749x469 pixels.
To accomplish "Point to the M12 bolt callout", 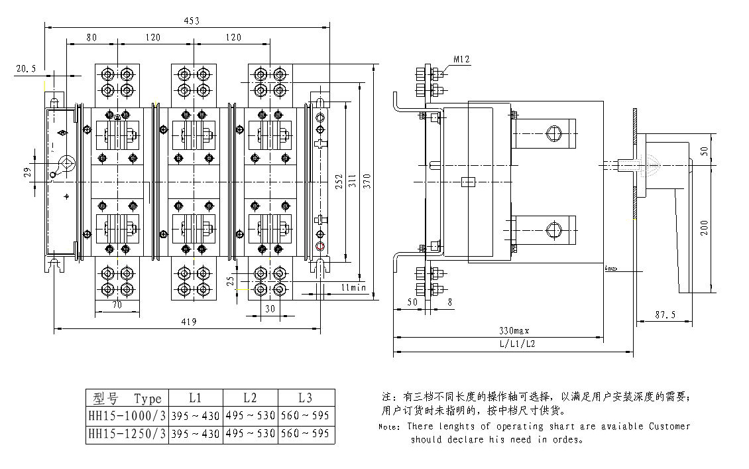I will pos(461,60).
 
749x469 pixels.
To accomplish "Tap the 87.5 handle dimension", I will pos(663,315).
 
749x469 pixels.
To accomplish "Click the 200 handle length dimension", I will pos(704,227).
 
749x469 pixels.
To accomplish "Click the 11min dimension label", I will pos(354,287).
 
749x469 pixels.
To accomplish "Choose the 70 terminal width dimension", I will pos(117,306).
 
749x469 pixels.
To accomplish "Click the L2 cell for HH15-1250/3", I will pos(250,434).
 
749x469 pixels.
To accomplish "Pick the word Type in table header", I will pos(147,399).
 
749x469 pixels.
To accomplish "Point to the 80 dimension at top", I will pos(91,38).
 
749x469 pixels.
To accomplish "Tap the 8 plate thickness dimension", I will pos(451,302).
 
